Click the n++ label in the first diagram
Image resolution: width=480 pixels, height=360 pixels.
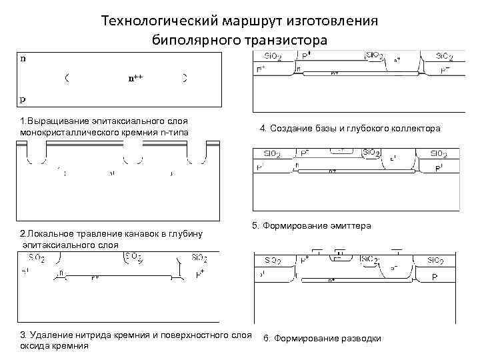pyautogui.click(x=135, y=77)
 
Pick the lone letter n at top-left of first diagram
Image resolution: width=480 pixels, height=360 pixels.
pyautogui.click(x=23, y=58)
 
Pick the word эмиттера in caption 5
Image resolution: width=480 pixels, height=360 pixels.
pyautogui.click(x=349, y=226)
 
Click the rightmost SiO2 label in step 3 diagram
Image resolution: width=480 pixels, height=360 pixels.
pyautogui.click(x=199, y=257)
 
